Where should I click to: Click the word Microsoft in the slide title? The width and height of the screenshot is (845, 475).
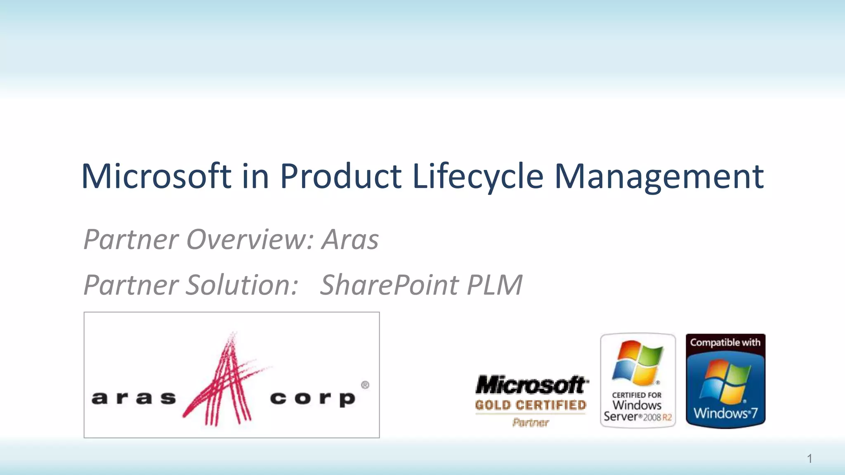156,176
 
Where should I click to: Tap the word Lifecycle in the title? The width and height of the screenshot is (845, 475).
478,176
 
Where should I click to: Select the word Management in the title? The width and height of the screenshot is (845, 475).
659,176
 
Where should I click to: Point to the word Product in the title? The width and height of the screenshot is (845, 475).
341,176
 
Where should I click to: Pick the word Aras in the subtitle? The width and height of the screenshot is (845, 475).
350,240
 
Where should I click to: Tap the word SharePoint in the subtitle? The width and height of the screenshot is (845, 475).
389,285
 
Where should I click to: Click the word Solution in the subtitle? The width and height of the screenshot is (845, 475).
242,285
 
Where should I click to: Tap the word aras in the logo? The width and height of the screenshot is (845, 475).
134,398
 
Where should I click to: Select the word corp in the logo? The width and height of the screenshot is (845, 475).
312,399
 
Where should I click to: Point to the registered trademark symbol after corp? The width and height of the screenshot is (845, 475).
365,385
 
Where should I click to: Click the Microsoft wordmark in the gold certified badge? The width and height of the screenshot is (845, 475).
531,385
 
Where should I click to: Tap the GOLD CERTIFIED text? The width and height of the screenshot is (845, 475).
531,405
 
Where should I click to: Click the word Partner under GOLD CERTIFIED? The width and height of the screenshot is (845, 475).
531,422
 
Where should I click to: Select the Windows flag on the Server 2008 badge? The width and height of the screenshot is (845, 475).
638,362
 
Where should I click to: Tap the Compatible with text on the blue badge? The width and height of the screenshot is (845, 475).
725,342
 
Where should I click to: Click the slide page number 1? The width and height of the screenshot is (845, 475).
810,459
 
